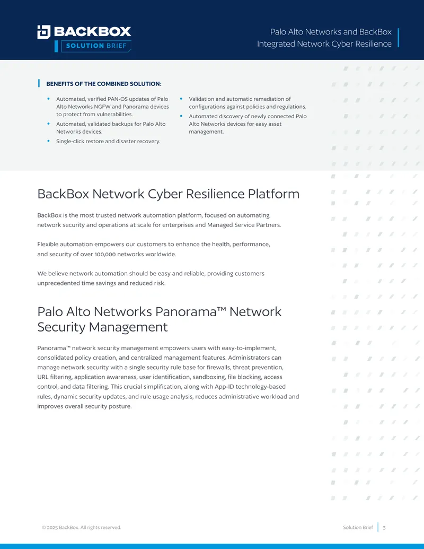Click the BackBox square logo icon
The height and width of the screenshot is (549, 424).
(44, 32)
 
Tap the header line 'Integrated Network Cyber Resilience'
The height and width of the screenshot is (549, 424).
(324, 44)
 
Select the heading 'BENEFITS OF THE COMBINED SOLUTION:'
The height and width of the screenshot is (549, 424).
(104, 84)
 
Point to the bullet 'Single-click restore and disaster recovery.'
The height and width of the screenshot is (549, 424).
(108, 142)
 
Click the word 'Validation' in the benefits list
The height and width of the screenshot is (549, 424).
(201, 99)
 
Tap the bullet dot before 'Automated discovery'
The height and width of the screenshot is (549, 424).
(181, 116)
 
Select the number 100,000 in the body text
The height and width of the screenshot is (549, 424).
(105, 254)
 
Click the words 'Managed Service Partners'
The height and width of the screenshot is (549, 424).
(243, 225)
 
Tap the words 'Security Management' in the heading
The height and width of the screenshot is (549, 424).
(102, 327)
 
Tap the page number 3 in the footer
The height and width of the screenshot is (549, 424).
(384, 528)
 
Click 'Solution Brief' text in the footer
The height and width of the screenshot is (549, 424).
(358, 527)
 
